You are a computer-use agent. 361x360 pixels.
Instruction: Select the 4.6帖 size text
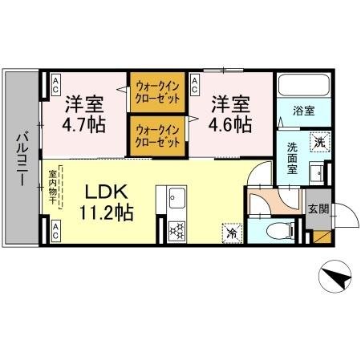230,126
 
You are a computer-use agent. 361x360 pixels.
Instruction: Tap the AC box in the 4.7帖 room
57,82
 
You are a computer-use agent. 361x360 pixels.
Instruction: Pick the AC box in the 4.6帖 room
195,82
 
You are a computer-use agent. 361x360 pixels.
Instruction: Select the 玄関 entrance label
318,209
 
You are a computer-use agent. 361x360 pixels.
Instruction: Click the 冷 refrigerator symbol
230,233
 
